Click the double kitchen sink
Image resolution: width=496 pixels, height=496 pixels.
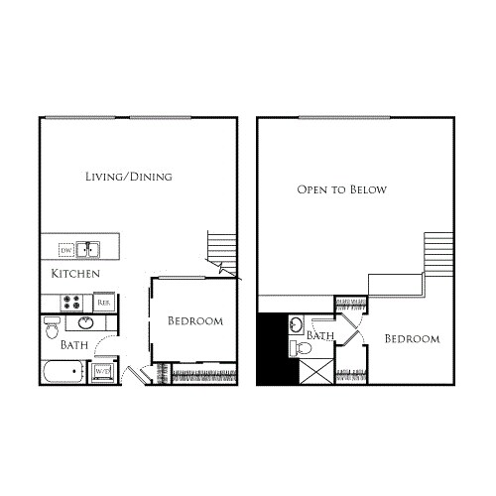click(x=89, y=249)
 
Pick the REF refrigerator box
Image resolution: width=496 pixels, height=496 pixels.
click(x=103, y=302)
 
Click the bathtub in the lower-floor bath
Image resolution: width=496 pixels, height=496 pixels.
click(x=64, y=374)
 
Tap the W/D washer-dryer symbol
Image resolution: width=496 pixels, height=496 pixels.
click(x=102, y=373)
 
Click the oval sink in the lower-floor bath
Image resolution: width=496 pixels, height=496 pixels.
click(x=86, y=323)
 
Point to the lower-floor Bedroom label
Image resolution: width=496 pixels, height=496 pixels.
click(x=194, y=321)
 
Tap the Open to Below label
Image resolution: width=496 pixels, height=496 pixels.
click(x=341, y=189)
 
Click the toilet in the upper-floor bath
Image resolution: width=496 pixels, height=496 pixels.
click(x=298, y=346)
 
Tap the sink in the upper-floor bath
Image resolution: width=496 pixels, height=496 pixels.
click(x=296, y=324)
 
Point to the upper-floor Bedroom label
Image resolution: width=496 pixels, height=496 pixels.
click(x=412, y=339)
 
